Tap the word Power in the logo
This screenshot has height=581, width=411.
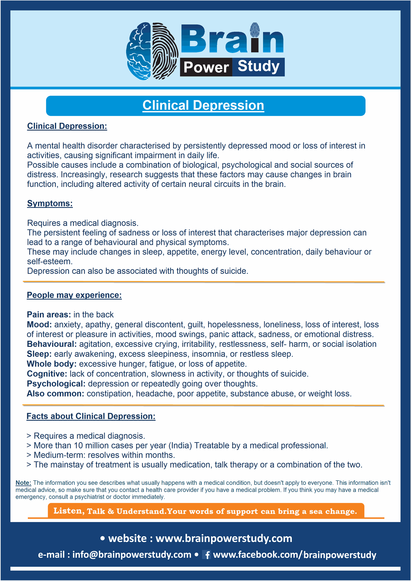(x=206, y=67)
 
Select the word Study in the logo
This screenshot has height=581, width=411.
(x=259, y=66)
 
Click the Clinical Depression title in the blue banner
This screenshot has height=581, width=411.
(x=203, y=106)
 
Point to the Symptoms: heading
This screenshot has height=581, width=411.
(x=50, y=203)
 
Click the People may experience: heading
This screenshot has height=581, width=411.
(x=74, y=295)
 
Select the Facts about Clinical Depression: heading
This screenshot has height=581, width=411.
(x=91, y=416)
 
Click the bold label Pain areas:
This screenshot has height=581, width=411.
(x=49, y=315)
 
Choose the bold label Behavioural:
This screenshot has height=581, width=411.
(x=52, y=344)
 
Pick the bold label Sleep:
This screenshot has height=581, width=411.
(x=39, y=354)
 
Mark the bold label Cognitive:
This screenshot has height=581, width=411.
(x=47, y=374)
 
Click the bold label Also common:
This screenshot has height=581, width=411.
(x=55, y=394)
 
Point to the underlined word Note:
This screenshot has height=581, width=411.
(x=23, y=483)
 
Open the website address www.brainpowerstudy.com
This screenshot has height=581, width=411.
(x=224, y=538)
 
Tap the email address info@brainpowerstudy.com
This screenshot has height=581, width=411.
(x=132, y=554)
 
